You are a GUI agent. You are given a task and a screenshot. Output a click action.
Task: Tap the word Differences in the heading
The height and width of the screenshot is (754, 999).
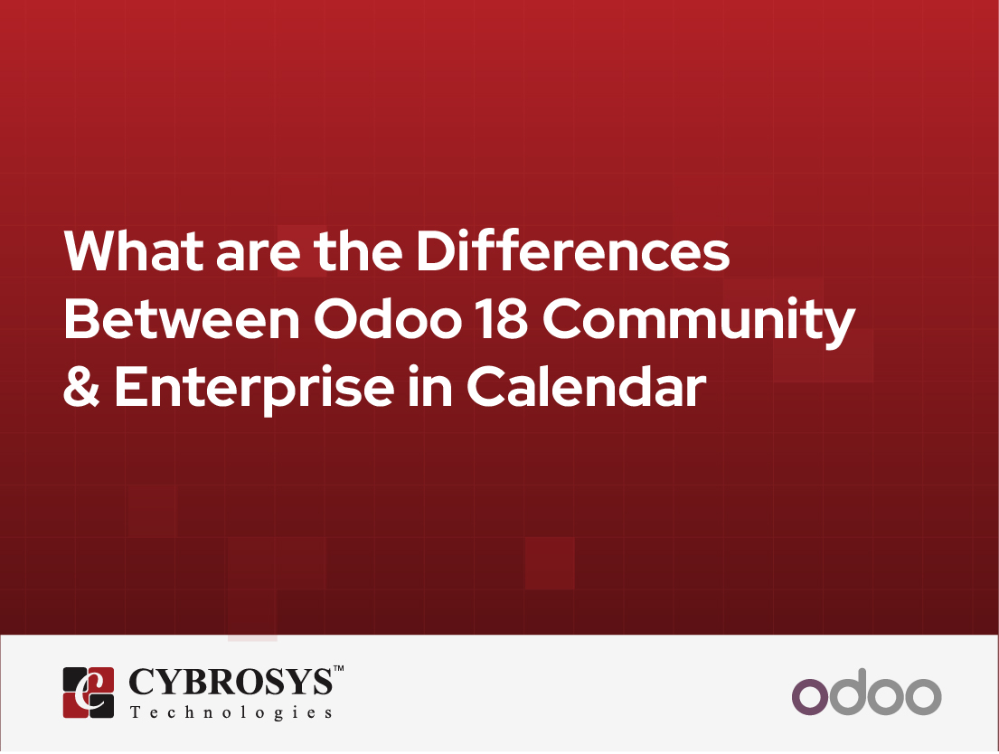[x=573, y=250]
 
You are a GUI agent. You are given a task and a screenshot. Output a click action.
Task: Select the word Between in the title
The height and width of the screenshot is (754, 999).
[x=182, y=318]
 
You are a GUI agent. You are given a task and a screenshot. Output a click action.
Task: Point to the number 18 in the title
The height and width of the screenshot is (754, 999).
[x=503, y=318]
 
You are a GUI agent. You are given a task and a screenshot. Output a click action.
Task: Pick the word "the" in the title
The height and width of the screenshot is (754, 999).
[x=358, y=250]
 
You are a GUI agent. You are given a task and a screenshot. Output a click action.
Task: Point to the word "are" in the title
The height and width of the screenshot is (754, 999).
[x=259, y=256]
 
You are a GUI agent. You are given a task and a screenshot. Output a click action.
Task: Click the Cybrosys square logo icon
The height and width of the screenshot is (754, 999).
[x=89, y=693]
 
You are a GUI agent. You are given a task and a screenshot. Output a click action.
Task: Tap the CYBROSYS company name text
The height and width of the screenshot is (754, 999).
[x=231, y=682]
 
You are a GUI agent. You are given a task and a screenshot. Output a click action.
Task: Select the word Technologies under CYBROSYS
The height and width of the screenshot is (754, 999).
[x=231, y=712]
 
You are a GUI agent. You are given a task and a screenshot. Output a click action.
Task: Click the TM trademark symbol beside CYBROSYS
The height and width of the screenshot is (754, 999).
[x=338, y=669]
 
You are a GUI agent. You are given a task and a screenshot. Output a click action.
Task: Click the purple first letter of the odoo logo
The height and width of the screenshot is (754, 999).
[x=810, y=697]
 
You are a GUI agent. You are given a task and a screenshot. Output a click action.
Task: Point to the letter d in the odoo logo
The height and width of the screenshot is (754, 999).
[x=847, y=693]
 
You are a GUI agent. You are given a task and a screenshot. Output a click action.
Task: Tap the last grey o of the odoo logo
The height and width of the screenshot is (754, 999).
[x=923, y=697]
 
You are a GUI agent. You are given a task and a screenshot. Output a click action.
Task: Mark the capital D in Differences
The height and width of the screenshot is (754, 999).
[x=435, y=250]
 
